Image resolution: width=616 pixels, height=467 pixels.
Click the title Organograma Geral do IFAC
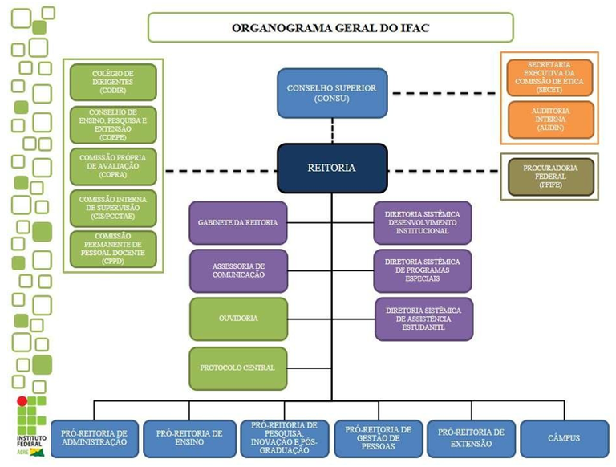(330, 27)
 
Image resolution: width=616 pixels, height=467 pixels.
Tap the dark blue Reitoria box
(332, 169)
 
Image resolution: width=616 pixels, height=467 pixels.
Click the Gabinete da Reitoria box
(238, 222)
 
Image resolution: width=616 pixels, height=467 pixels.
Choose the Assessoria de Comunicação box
(238, 270)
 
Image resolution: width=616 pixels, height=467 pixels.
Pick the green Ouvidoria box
(238, 319)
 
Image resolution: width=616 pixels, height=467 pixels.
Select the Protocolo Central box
(238, 368)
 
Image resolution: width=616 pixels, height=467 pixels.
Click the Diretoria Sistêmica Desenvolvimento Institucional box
(423, 222)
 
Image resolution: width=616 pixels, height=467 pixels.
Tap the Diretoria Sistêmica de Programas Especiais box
(423, 270)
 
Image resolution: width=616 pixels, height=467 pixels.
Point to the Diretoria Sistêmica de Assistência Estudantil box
(423, 319)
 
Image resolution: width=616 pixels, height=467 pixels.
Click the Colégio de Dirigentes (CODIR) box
(113, 82)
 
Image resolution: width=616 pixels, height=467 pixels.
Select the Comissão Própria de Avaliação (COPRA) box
(113, 166)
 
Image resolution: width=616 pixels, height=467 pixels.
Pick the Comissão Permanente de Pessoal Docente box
(113, 249)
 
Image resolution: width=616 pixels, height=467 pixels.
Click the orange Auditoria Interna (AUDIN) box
(550, 119)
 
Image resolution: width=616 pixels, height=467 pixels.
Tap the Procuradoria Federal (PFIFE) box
(550, 176)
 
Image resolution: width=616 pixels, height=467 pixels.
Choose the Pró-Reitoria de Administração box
(95, 438)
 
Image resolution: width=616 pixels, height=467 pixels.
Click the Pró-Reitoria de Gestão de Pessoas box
(378, 438)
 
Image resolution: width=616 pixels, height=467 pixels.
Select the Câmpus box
(564, 438)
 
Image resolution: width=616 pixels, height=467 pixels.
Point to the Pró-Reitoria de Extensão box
(471, 438)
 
